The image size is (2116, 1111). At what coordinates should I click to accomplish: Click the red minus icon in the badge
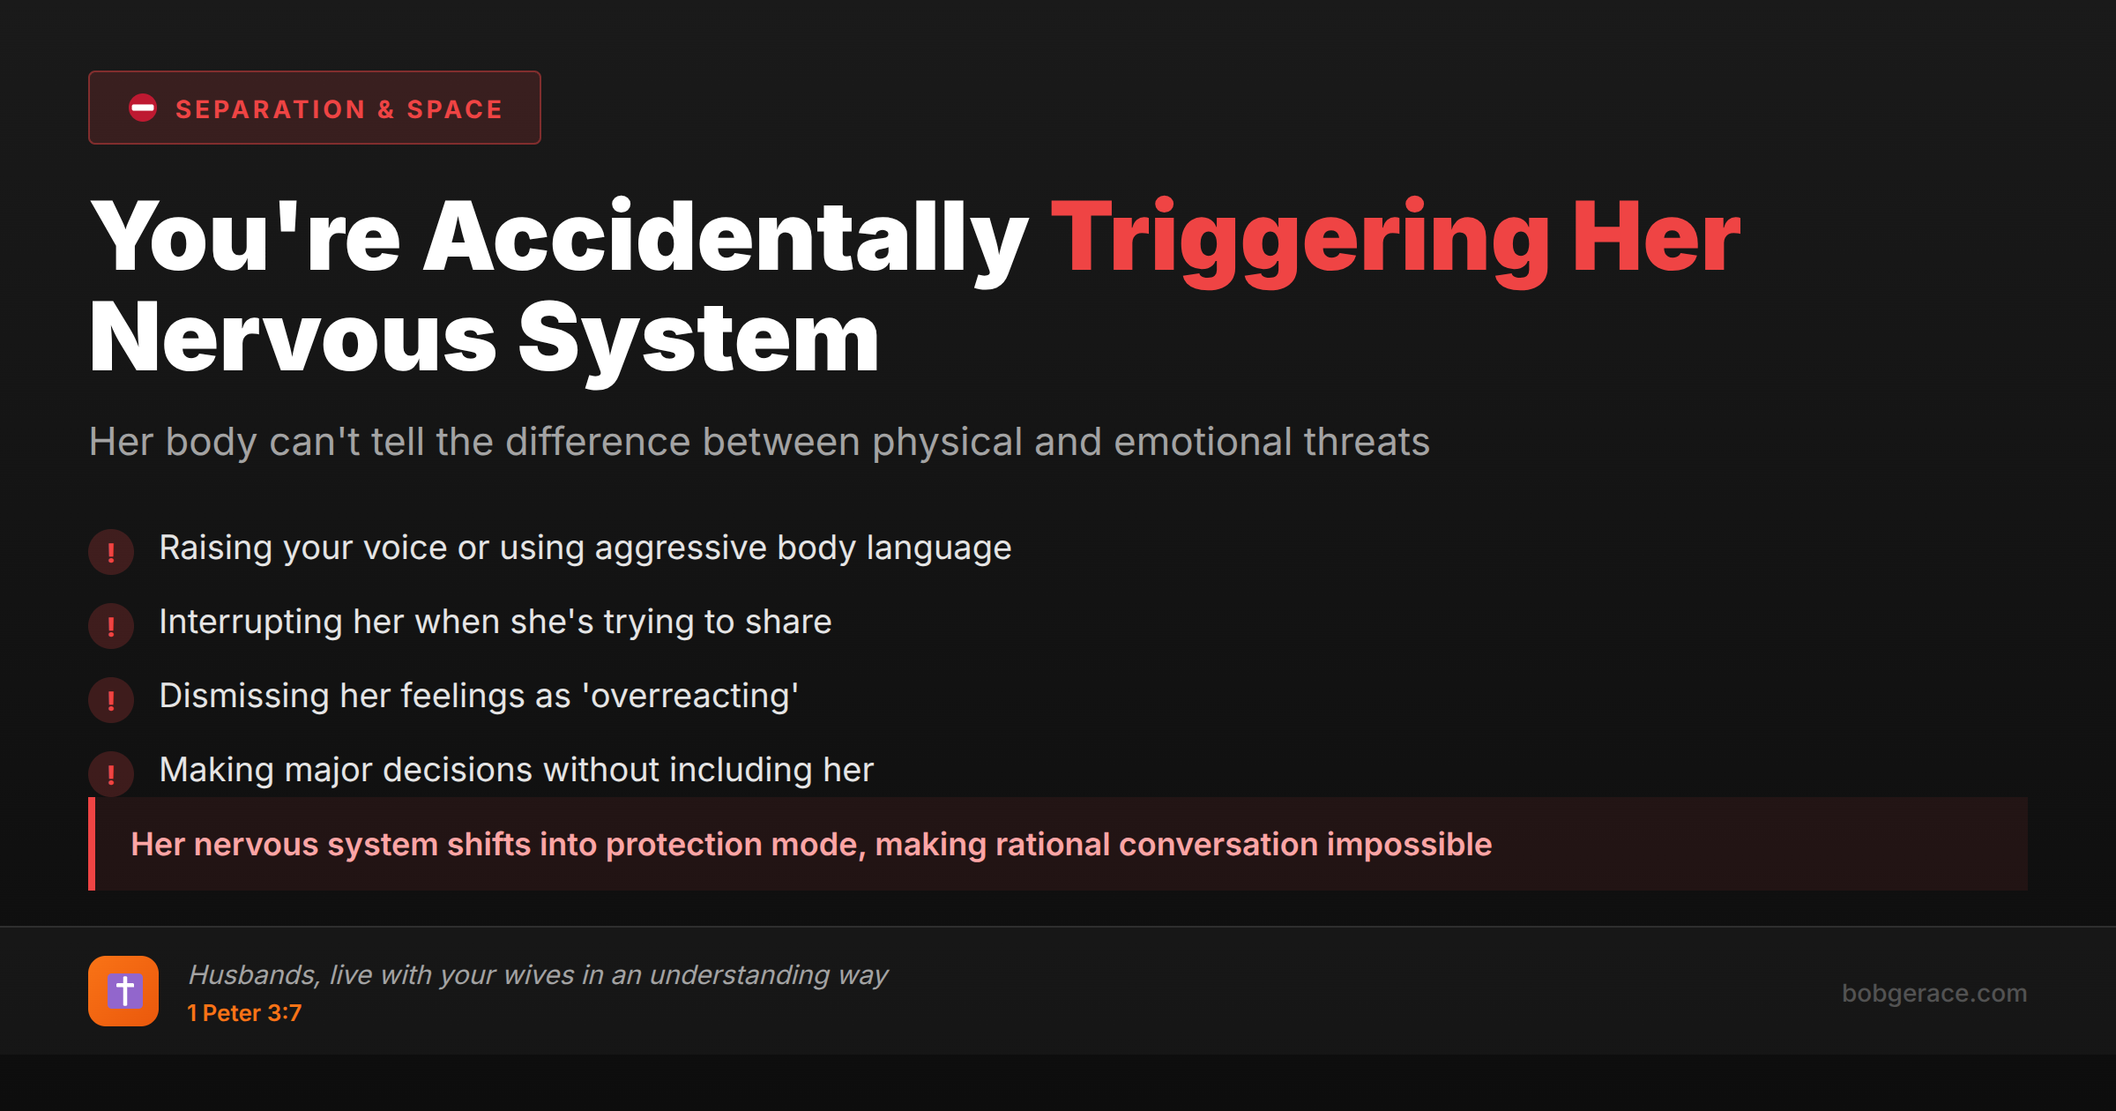click(x=143, y=108)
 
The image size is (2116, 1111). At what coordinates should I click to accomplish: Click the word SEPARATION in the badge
click(x=270, y=109)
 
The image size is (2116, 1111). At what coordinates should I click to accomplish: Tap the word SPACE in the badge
click(x=454, y=109)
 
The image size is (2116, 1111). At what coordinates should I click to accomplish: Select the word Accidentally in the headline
click(x=726, y=236)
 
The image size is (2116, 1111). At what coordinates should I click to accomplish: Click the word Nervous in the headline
click(x=293, y=339)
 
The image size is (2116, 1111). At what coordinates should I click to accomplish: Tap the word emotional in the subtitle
click(x=1203, y=442)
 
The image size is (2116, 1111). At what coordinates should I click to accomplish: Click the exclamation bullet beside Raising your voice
click(x=111, y=552)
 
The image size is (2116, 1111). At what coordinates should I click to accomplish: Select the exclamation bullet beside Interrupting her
click(x=111, y=626)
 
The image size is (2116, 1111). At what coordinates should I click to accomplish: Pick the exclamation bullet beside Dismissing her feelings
click(x=111, y=700)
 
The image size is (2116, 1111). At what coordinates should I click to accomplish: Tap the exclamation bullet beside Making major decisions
click(x=111, y=774)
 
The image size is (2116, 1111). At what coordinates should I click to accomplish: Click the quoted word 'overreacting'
click(x=690, y=696)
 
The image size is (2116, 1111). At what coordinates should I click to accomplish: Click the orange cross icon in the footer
click(x=123, y=991)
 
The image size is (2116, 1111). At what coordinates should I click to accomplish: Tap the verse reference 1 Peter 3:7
click(x=244, y=1013)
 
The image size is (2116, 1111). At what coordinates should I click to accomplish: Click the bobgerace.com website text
click(x=1933, y=994)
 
